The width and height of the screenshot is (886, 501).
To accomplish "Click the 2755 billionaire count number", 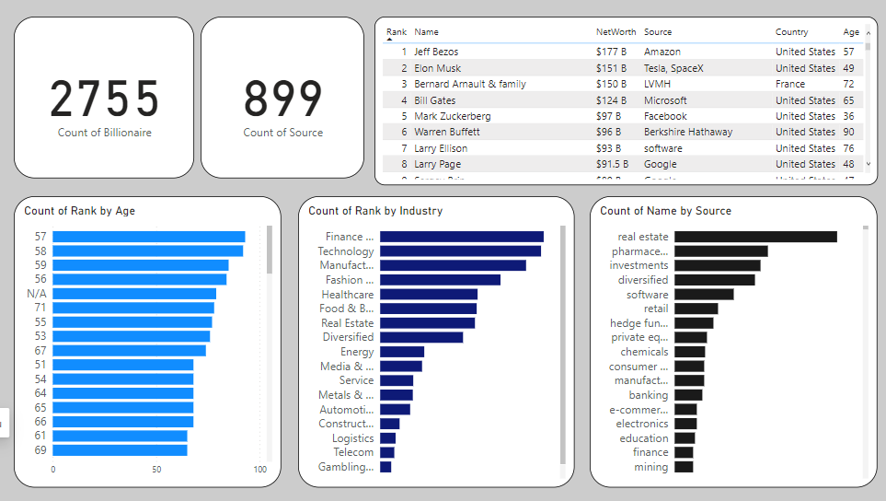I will (x=104, y=99).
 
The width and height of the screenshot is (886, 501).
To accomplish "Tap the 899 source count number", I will (x=282, y=99).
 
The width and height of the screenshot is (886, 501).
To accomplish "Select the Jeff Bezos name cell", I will (x=435, y=52).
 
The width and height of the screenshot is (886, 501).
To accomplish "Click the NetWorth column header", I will (x=616, y=32).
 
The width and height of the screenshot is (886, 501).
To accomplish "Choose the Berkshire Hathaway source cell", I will (x=687, y=132).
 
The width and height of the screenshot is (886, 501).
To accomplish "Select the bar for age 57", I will (x=148, y=237).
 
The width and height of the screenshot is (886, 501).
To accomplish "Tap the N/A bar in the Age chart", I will (x=133, y=294).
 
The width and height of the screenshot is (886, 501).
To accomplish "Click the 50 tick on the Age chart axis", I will (x=156, y=470).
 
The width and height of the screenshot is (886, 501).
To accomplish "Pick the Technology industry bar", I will (x=460, y=250).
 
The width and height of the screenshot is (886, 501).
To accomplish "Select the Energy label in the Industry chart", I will (x=357, y=352).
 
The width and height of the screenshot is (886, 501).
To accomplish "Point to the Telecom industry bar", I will (x=387, y=452).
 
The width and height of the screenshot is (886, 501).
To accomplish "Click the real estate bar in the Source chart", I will (x=755, y=237).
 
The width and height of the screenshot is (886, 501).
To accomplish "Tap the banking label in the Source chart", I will (x=649, y=395).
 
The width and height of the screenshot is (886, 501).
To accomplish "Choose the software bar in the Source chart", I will (x=704, y=295).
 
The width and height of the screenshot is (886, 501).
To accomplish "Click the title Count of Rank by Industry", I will (x=375, y=211).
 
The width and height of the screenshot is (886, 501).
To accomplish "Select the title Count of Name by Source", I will (x=665, y=211).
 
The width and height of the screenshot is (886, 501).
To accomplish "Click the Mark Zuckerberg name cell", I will (x=452, y=116).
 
